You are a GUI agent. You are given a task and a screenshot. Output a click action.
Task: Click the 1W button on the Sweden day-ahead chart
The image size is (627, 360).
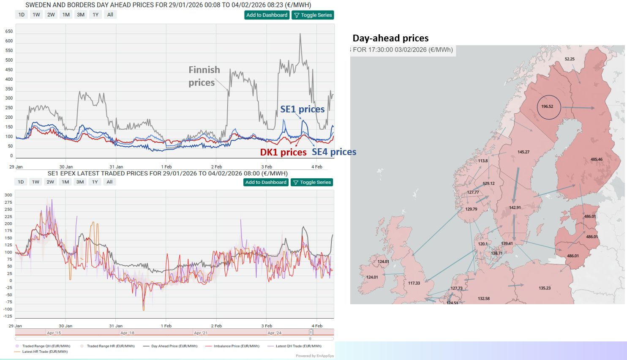click(x=36, y=15)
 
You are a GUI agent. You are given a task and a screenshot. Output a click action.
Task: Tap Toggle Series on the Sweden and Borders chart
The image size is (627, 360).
click(x=313, y=15)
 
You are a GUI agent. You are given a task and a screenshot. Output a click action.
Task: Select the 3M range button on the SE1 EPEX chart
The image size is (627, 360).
click(x=80, y=182)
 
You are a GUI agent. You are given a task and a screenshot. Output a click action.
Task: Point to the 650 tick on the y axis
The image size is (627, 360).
click(x=9, y=31)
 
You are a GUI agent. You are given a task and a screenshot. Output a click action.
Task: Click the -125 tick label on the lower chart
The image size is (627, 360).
click(x=8, y=316)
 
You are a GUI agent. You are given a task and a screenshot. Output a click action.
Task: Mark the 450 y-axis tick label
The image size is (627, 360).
click(x=9, y=70)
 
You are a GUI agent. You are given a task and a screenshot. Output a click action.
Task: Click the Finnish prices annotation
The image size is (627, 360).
click(x=204, y=76)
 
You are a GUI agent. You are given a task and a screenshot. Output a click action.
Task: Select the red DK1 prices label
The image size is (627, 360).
click(x=283, y=152)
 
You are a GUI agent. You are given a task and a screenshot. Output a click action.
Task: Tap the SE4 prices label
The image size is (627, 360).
click(x=334, y=152)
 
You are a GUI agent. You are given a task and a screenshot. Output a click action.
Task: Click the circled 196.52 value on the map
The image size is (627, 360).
click(x=547, y=106)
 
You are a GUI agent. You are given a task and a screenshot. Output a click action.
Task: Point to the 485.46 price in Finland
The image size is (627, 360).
click(x=596, y=159)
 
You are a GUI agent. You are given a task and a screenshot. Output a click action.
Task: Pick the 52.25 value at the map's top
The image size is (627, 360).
click(x=570, y=59)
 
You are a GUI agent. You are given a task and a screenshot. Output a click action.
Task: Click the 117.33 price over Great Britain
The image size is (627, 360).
click(x=414, y=283)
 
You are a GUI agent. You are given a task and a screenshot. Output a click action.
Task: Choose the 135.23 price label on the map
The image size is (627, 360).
click(x=545, y=288)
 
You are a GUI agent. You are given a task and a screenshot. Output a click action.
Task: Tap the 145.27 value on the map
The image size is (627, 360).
click(x=523, y=152)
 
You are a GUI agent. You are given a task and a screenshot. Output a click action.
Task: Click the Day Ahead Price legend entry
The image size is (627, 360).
click(x=174, y=346)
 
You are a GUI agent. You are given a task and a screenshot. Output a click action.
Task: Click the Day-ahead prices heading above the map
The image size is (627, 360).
click(x=390, y=38)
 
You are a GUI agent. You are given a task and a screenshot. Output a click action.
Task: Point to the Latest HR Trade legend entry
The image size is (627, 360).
click(x=45, y=352)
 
